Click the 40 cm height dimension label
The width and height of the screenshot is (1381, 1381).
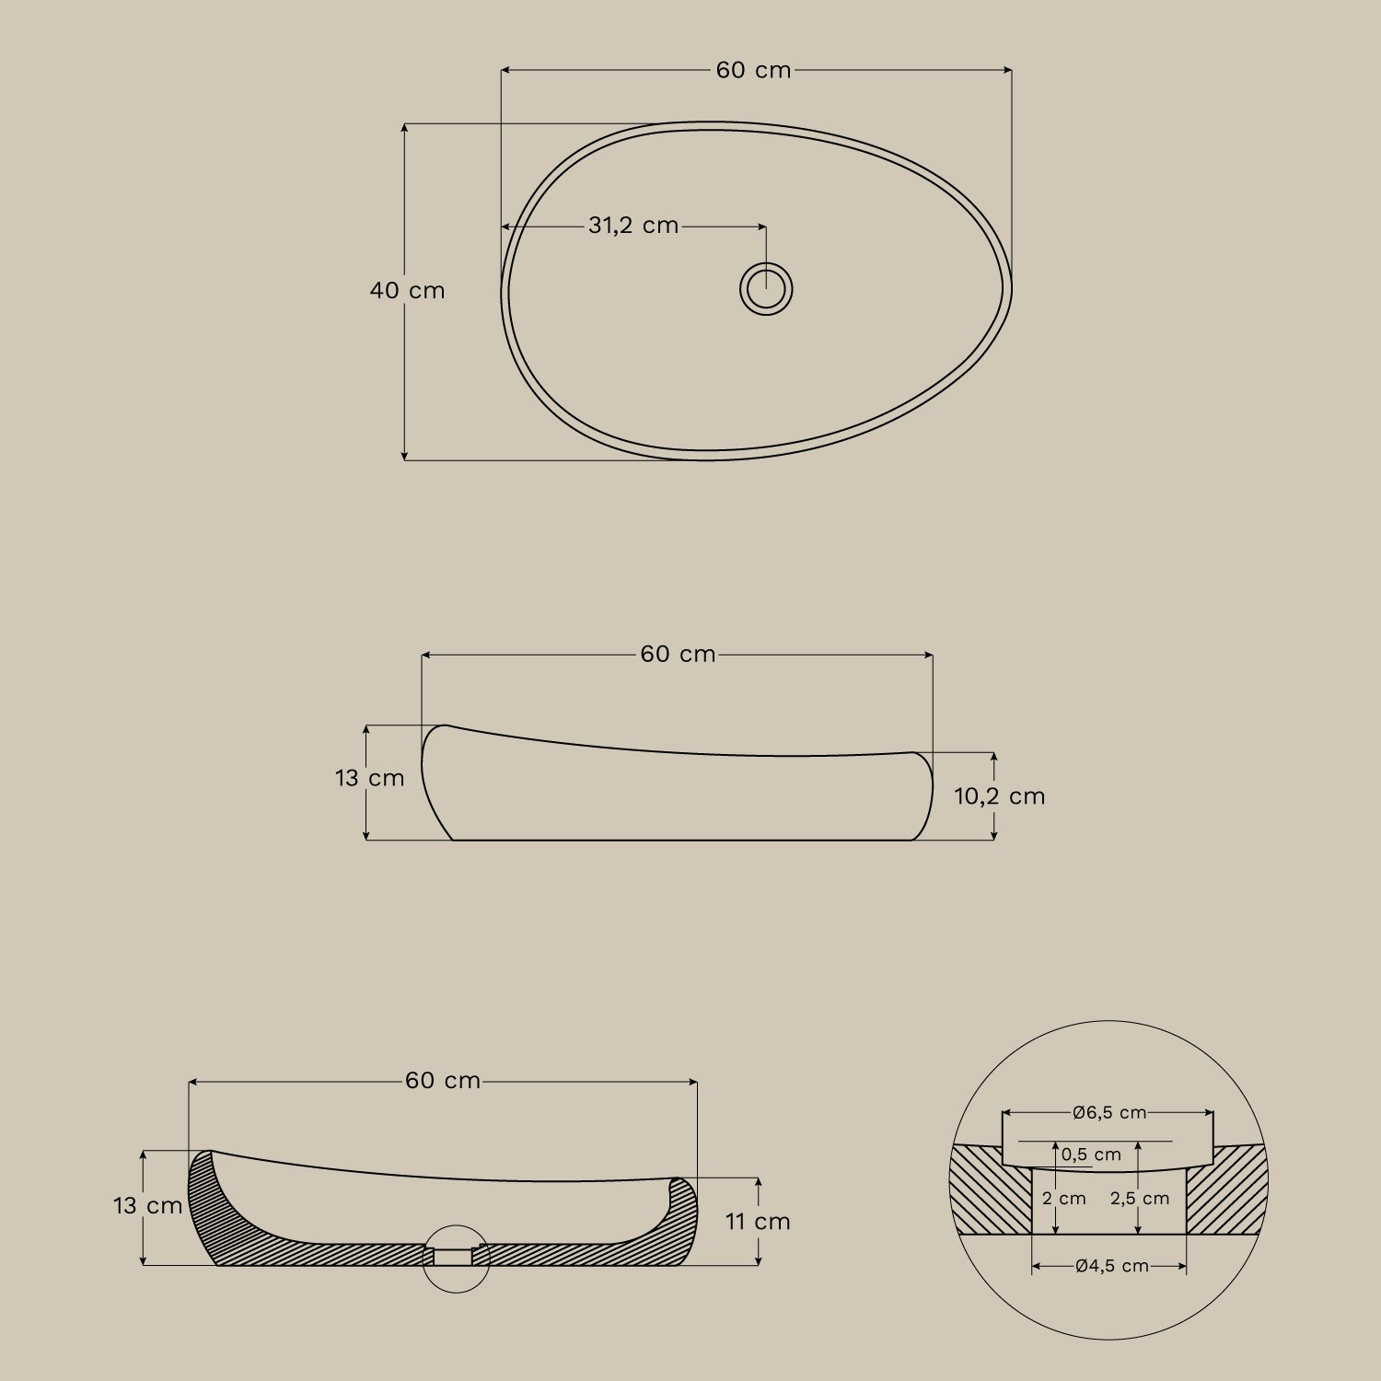click(x=407, y=291)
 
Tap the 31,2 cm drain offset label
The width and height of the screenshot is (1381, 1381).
click(x=633, y=226)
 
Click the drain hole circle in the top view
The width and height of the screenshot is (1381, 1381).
click(x=766, y=289)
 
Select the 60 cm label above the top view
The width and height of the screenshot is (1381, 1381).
click(x=753, y=71)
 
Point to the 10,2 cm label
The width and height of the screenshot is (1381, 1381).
click(x=999, y=796)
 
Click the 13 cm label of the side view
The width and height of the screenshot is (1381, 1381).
click(x=369, y=779)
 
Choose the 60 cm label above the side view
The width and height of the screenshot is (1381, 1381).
click(x=678, y=655)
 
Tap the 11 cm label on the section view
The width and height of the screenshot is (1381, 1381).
click(x=758, y=1222)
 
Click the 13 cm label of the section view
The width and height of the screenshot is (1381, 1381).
click(x=148, y=1206)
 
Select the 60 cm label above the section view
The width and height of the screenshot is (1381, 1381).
click(x=443, y=1081)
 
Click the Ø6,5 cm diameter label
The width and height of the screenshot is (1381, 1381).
click(x=1109, y=1113)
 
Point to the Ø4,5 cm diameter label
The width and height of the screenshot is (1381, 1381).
click(x=1111, y=1267)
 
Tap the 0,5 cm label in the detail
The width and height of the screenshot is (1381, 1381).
click(x=1091, y=1155)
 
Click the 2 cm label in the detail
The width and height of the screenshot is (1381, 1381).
click(x=1064, y=1199)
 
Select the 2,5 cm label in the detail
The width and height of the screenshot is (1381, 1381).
click(x=1140, y=1199)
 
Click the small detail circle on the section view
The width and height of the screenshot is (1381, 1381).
click(x=456, y=1259)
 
